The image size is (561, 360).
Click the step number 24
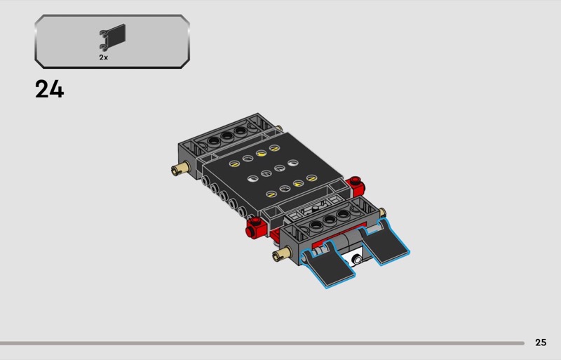[49, 89]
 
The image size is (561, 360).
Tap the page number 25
[541, 342]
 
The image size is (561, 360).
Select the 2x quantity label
[103, 58]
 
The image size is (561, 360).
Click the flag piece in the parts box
[112, 37]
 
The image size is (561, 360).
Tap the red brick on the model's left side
[256, 227]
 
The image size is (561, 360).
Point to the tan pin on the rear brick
[180, 168]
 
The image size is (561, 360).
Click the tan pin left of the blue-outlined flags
[282, 254]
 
